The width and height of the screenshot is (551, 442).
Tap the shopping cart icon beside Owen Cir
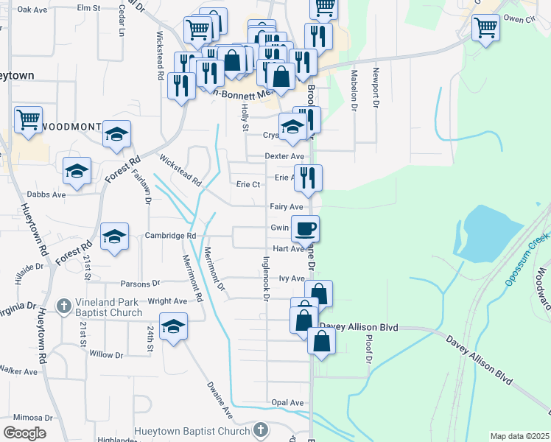pyautogui.click(x=485, y=28)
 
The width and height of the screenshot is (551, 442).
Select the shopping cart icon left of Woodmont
pyautogui.click(x=28, y=119)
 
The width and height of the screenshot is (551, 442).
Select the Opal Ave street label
pyautogui.click(x=287, y=403)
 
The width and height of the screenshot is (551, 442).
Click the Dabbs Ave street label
pyautogui.click(x=46, y=194)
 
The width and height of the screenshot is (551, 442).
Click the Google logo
pyautogui.click(x=24, y=433)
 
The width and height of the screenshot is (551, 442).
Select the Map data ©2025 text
pyautogui.click(x=519, y=436)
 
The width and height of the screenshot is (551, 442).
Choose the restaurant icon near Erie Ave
pyautogui.click(x=308, y=177)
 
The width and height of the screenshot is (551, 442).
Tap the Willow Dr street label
pyautogui.click(x=106, y=354)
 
